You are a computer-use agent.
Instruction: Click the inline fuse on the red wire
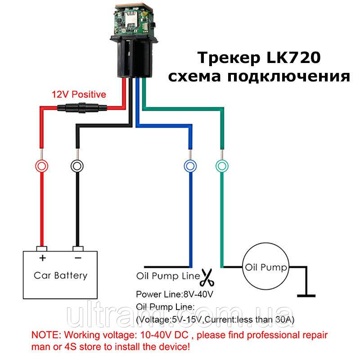tap(82, 108)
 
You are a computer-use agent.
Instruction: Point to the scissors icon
tap(207, 278)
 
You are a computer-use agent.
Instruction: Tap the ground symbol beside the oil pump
tap(306, 296)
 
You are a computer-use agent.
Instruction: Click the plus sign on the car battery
tap(42, 258)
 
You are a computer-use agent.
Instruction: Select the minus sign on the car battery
tap(78, 258)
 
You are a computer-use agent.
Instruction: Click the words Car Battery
tap(61, 275)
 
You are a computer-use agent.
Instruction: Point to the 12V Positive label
tap(79, 94)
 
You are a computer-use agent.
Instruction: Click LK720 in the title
tap(293, 58)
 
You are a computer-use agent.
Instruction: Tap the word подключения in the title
tap(289, 76)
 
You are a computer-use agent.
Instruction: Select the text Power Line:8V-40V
tap(175, 294)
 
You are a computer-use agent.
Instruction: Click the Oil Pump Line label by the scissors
tap(168, 276)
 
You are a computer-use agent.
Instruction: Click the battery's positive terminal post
tap(42, 249)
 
